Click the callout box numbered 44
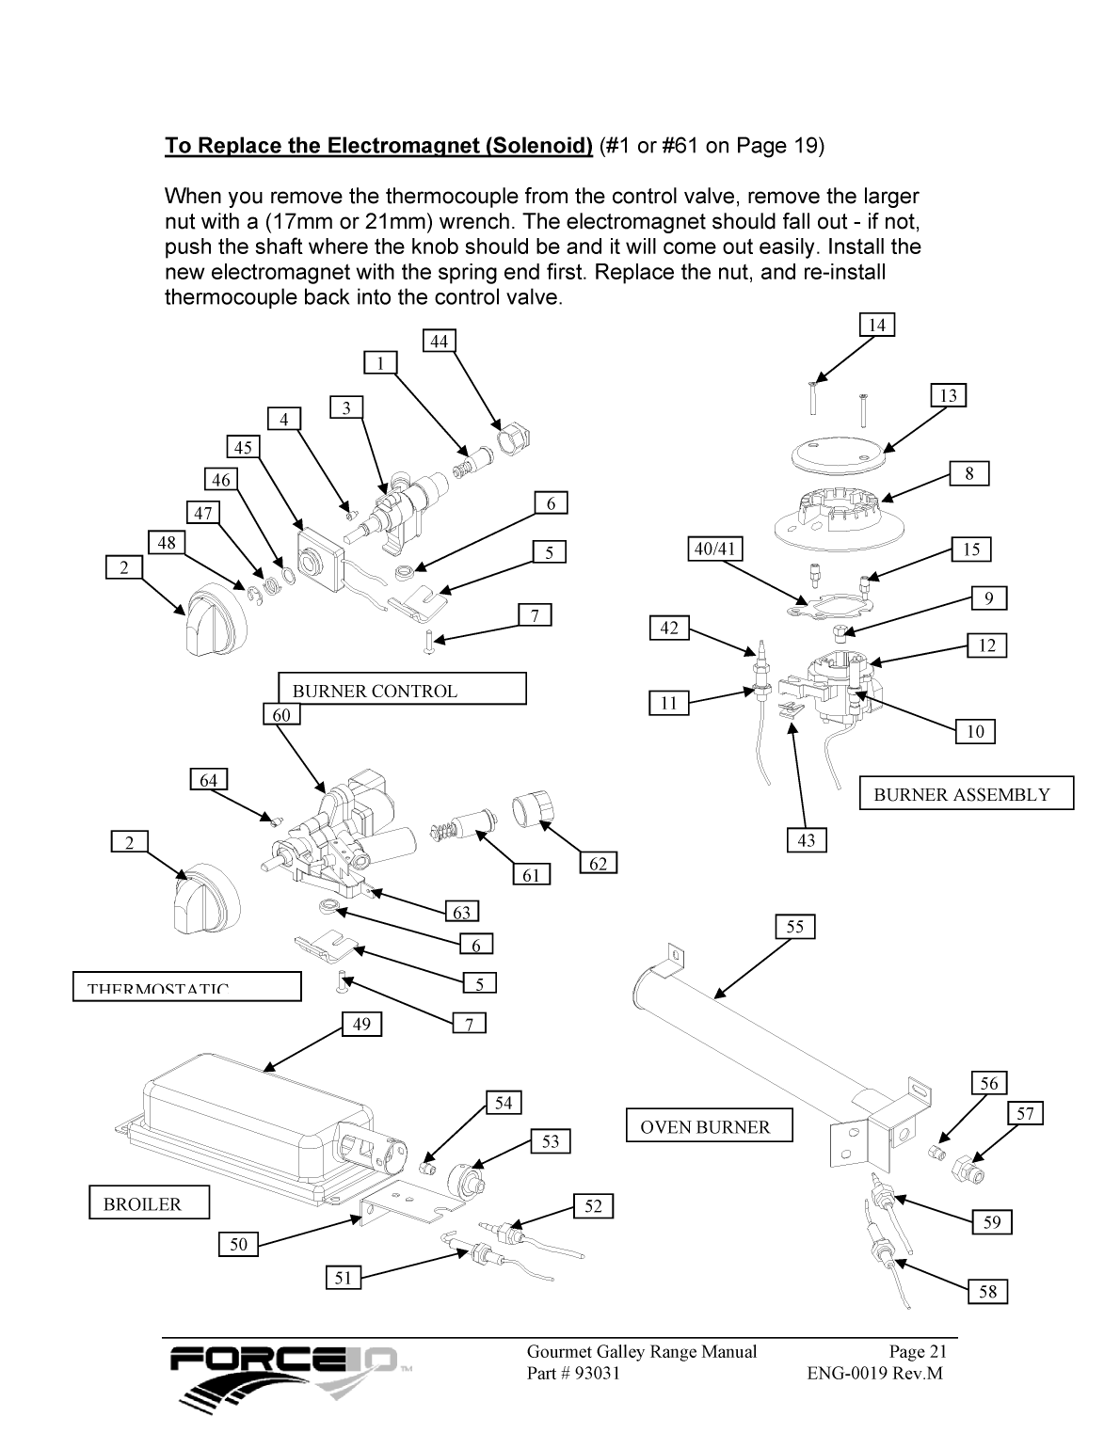439,341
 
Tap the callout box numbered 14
876,325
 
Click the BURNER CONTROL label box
402,689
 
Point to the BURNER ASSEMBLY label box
967,793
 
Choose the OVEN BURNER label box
710,1125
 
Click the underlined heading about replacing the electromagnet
378,146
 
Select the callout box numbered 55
795,927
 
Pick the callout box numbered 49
362,1024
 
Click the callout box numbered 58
987,1291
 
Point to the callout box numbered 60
281,715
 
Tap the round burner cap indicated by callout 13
836,454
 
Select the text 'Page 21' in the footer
918,1351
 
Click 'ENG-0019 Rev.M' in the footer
874,1373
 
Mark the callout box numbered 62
598,863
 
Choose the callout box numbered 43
807,839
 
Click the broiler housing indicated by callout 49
245,1120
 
